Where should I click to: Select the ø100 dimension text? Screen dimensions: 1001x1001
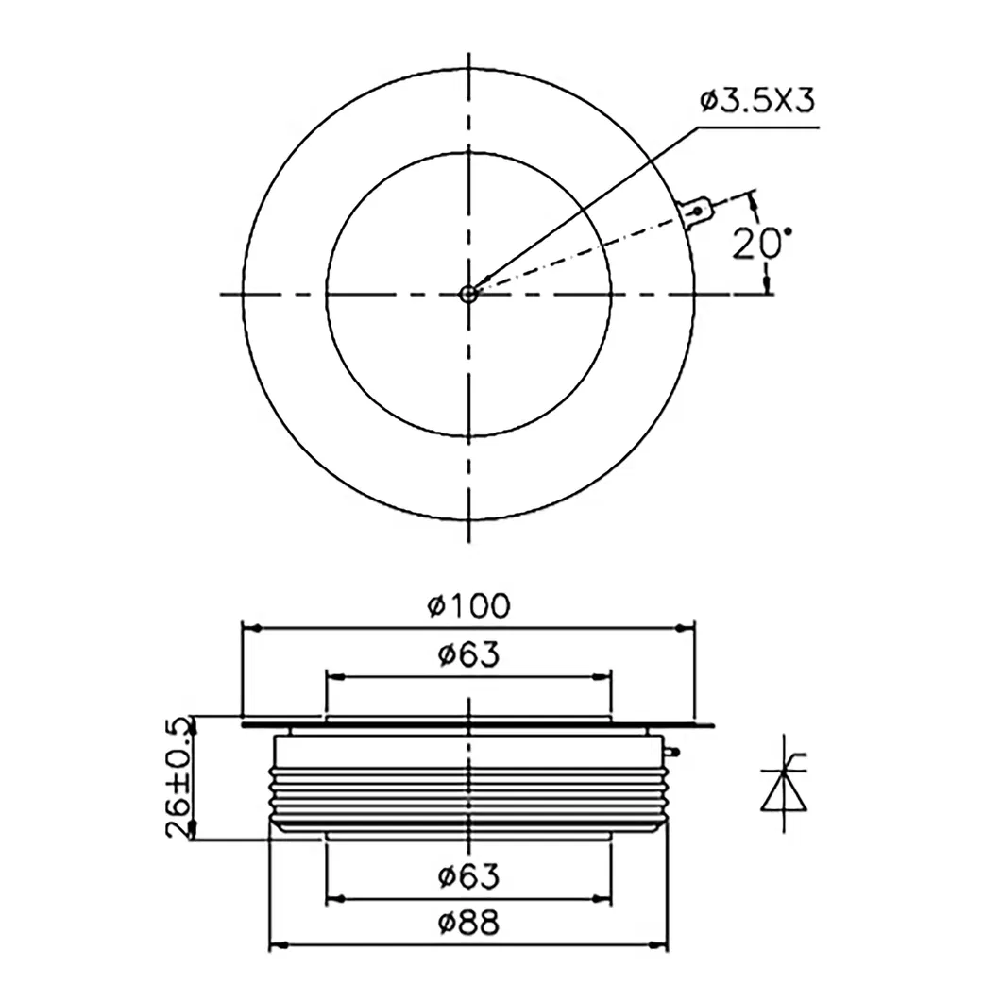click(468, 604)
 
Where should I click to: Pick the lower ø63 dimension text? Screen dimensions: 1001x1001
click(468, 876)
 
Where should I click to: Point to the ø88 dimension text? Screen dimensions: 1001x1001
click(468, 923)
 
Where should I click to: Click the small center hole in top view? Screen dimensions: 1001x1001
click(468, 294)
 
